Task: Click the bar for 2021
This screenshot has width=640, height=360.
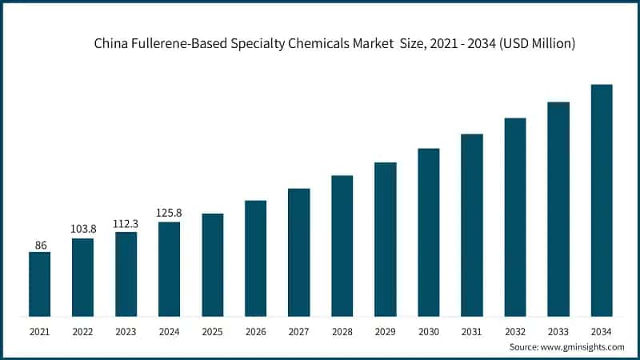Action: [39, 284]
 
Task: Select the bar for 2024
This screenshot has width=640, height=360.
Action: [169, 269]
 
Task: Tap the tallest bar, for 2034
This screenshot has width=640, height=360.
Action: [602, 200]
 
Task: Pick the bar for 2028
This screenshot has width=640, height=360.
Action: [342, 246]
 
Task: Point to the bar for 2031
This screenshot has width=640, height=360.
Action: [472, 225]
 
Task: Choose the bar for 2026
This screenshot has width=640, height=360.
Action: [255, 258]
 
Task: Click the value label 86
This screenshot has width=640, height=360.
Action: [39, 244]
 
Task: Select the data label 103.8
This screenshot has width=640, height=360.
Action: [82, 229]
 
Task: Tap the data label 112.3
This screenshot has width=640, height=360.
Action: [126, 223]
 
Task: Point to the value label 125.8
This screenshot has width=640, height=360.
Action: [169, 213]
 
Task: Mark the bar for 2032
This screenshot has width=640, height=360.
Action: [515, 217]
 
